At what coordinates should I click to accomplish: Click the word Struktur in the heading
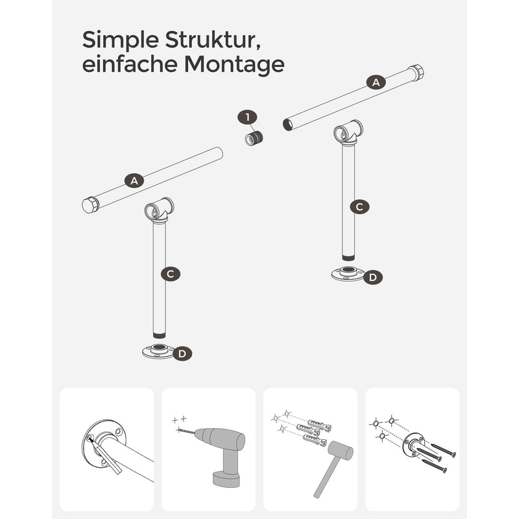click(x=212, y=40)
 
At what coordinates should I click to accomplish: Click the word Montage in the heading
click(x=234, y=65)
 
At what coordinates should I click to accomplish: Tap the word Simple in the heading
click(x=121, y=40)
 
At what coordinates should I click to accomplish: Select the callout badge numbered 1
click(x=247, y=117)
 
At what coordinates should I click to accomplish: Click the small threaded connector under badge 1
click(x=254, y=138)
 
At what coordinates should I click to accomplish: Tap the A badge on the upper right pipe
click(x=376, y=82)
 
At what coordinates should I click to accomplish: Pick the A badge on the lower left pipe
click(x=134, y=181)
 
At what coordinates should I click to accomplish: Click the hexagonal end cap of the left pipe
click(x=90, y=205)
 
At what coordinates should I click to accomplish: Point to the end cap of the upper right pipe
click(x=416, y=73)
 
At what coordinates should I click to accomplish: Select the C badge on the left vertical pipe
click(x=171, y=274)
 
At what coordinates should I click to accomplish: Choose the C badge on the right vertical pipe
click(x=359, y=207)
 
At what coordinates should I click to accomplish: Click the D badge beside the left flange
click(x=182, y=354)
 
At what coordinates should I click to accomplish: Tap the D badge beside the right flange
click(x=372, y=278)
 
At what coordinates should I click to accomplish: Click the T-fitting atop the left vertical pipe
click(x=159, y=210)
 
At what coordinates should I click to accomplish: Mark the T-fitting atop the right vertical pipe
click(x=348, y=133)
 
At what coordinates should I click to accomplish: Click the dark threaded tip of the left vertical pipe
click(x=159, y=335)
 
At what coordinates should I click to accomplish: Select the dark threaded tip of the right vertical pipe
click(x=348, y=257)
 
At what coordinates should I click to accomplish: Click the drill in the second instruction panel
click(x=220, y=453)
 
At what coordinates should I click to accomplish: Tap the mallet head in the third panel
click(x=340, y=451)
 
